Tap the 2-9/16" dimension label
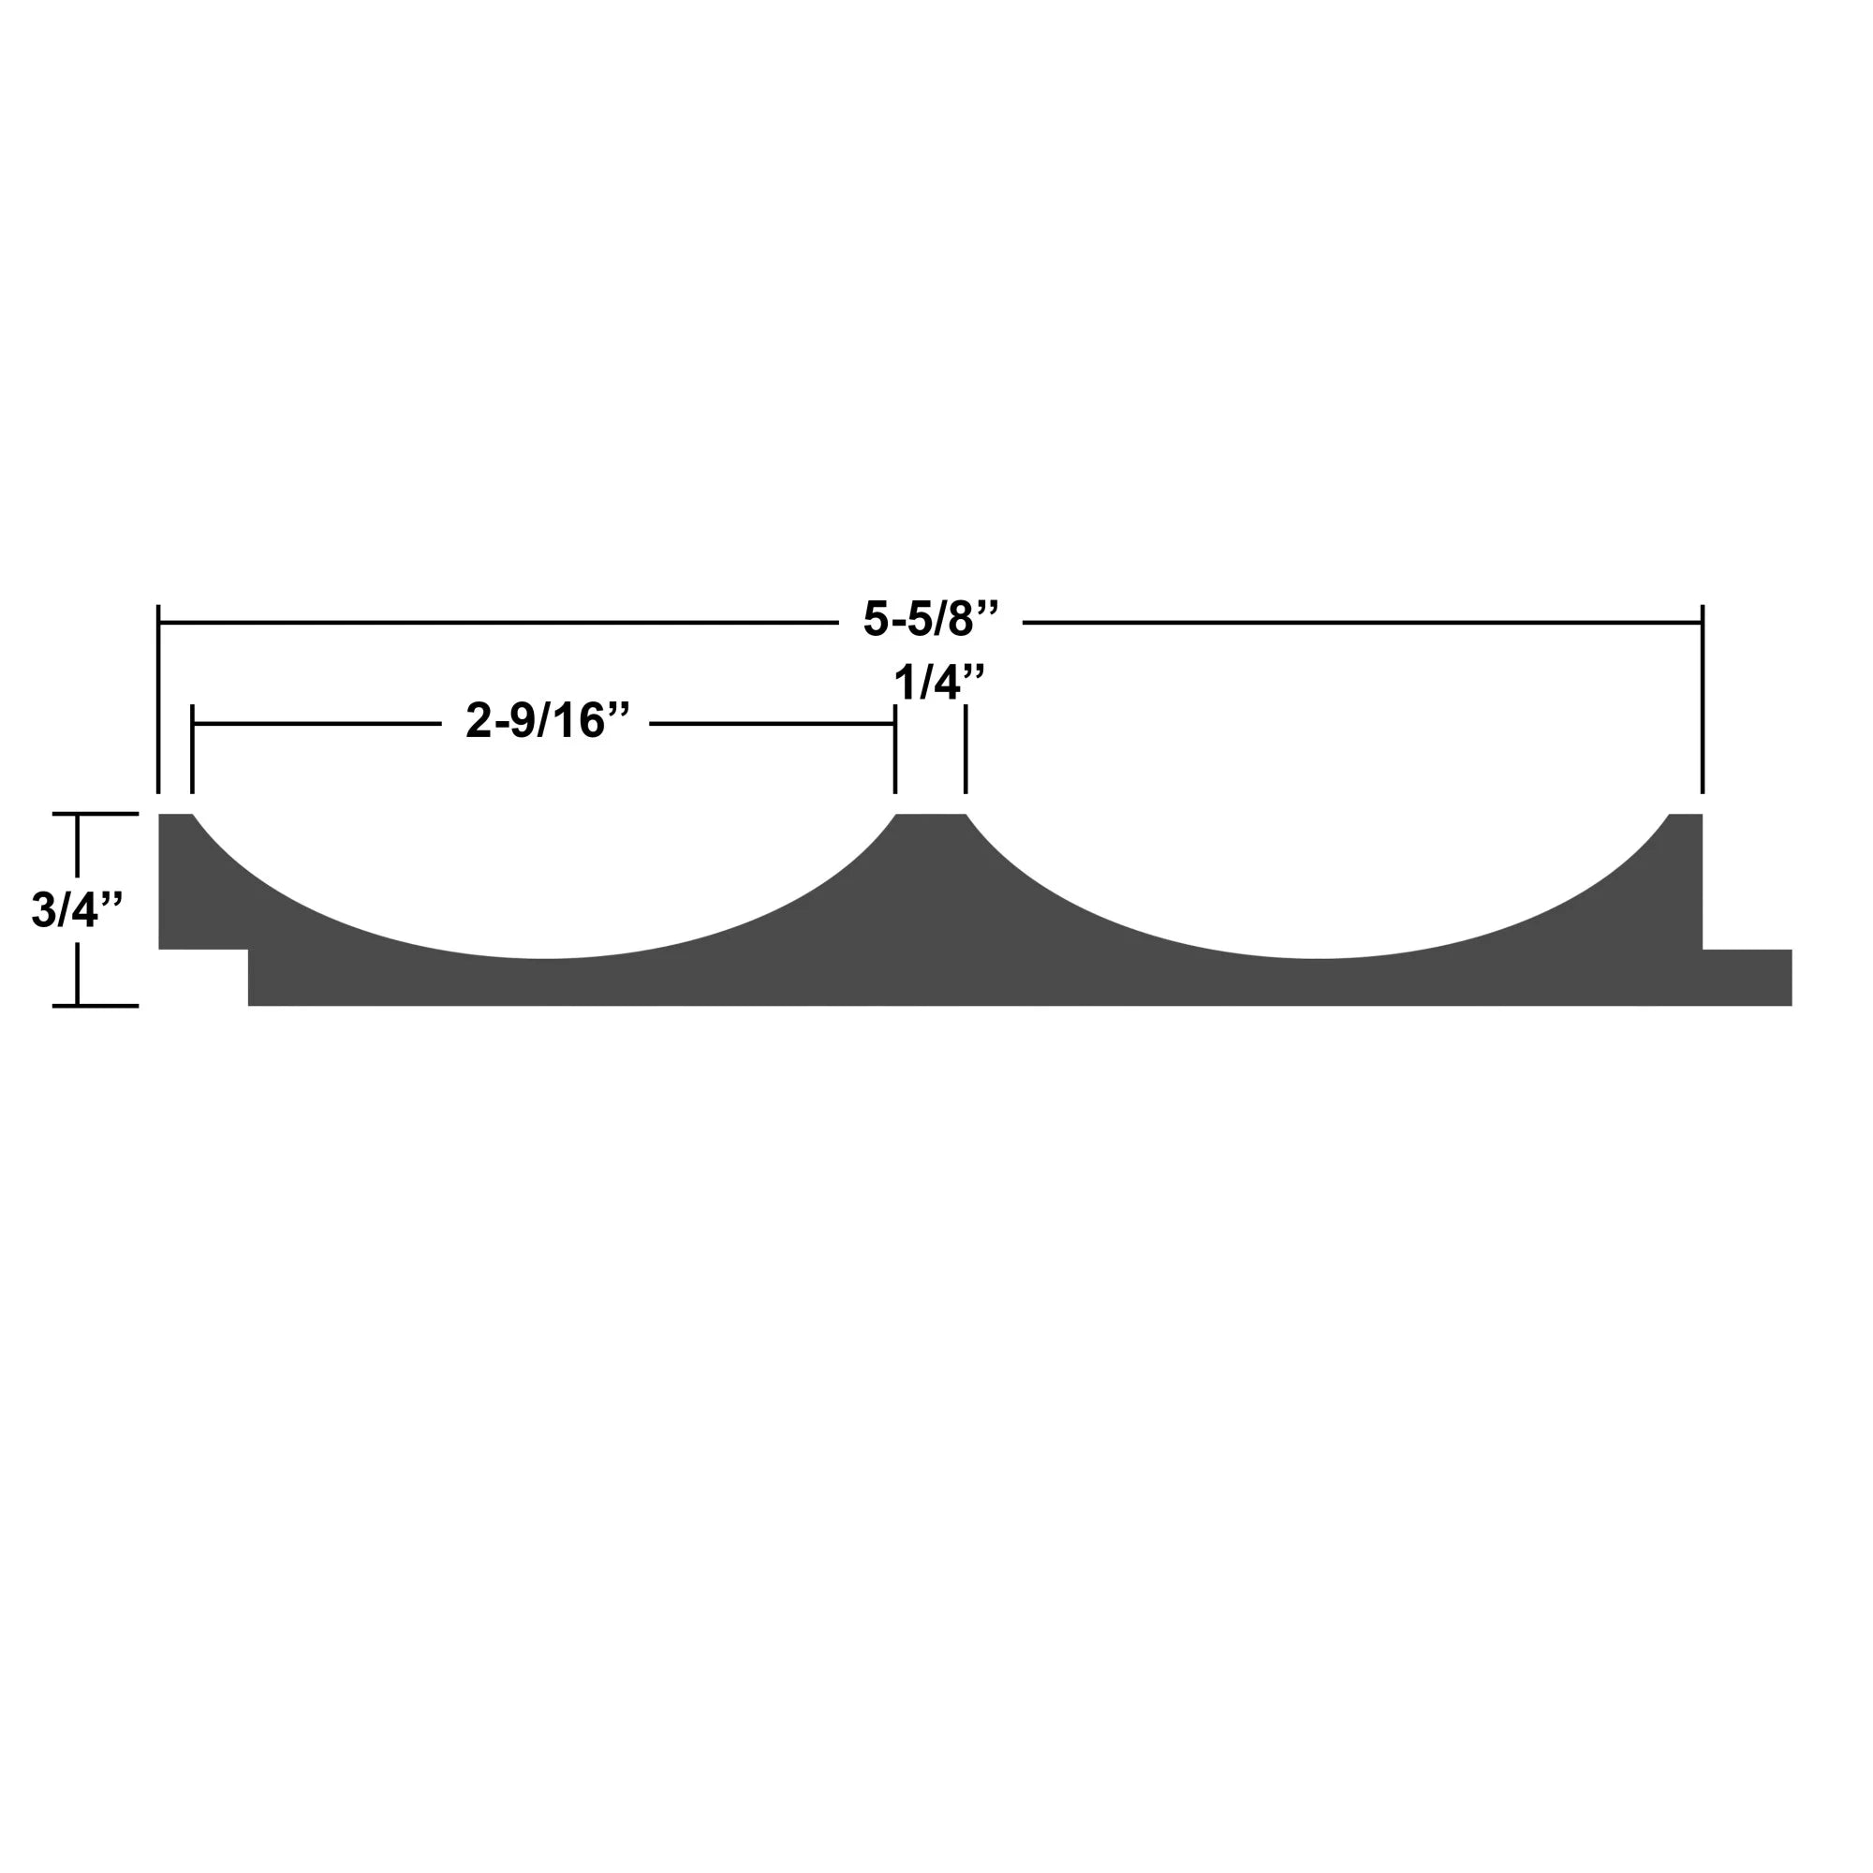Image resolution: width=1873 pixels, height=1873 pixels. (x=548, y=721)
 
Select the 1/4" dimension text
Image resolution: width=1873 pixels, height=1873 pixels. (x=938, y=683)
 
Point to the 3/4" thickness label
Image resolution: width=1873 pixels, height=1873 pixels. (x=77, y=910)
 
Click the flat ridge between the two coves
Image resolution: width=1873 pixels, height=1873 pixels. (x=931, y=818)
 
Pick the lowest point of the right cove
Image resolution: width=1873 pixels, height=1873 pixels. (x=1319, y=959)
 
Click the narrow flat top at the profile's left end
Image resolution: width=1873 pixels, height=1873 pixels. (x=175, y=818)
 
